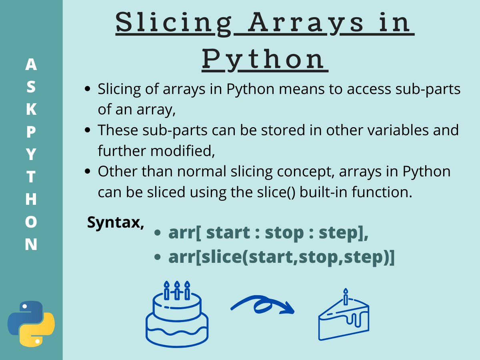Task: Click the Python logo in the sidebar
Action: click(x=31, y=324)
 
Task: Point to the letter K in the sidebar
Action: click(x=31, y=109)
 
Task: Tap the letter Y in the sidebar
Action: click(x=31, y=154)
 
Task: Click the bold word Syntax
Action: click(x=116, y=222)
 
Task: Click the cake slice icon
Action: click(x=344, y=318)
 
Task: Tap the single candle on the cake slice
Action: click(x=346, y=296)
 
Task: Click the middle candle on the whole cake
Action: click(x=177, y=290)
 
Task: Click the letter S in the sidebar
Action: click(x=31, y=87)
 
